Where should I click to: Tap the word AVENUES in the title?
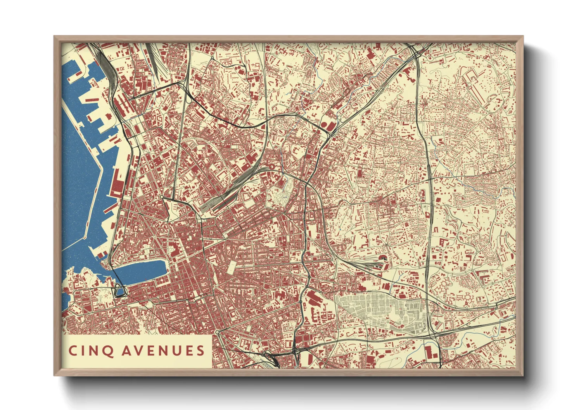tap(163, 351)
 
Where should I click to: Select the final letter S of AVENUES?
tap(200, 351)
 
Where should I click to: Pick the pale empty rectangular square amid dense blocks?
tap(233, 267)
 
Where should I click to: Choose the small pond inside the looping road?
tap(119, 290)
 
